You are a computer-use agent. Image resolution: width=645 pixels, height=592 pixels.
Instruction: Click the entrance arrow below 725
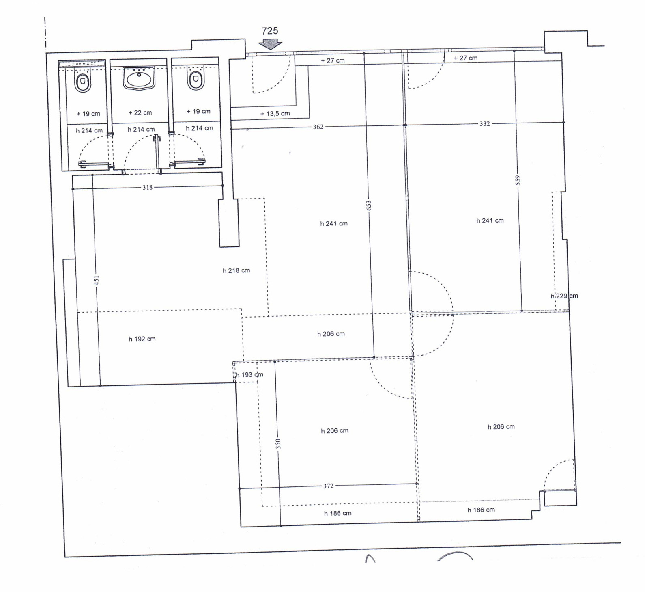pyautogui.click(x=270, y=44)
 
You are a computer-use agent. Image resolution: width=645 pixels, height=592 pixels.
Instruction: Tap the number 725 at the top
pyautogui.click(x=270, y=31)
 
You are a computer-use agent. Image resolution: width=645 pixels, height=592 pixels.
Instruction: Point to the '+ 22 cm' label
pyautogui.click(x=140, y=112)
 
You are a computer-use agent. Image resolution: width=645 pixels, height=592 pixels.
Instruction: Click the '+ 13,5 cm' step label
pyautogui.click(x=275, y=114)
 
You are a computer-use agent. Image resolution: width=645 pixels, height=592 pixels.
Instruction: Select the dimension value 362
pyautogui.click(x=318, y=127)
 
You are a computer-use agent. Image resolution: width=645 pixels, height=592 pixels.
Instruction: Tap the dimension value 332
pyautogui.click(x=485, y=123)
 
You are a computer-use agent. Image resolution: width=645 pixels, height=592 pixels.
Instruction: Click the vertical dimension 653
pyautogui.click(x=368, y=205)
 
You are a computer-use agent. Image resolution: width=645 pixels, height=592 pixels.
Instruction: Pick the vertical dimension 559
pyautogui.click(x=518, y=180)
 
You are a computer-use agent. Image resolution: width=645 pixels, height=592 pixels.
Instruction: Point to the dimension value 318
pyautogui.click(x=147, y=187)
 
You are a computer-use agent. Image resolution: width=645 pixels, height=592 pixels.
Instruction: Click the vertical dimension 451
pyautogui.click(x=96, y=280)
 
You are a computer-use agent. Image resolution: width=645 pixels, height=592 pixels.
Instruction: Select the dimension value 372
pyautogui.click(x=328, y=486)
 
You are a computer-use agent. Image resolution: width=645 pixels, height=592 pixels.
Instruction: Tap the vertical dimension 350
pyautogui.click(x=278, y=444)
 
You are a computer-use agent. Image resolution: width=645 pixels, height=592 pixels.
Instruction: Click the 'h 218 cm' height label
pyautogui.click(x=236, y=270)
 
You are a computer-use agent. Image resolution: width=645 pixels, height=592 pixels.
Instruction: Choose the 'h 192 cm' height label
pyautogui.click(x=142, y=339)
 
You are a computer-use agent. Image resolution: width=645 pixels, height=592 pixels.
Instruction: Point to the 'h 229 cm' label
pyautogui.click(x=564, y=296)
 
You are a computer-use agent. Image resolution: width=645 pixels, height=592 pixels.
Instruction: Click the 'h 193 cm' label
pyautogui.click(x=249, y=374)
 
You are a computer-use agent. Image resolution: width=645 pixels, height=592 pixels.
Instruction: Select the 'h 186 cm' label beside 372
pyautogui.click(x=338, y=513)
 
